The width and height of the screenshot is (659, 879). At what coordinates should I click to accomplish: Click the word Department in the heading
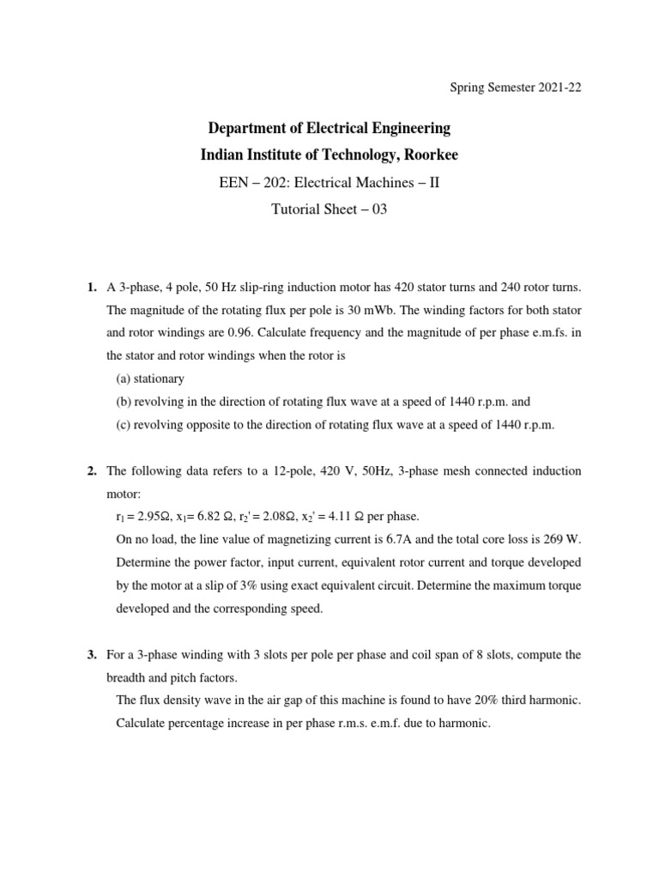click(251, 129)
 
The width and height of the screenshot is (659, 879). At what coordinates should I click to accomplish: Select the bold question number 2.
click(92, 471)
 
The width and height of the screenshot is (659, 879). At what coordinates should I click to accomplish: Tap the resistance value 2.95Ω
click(149, 517)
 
